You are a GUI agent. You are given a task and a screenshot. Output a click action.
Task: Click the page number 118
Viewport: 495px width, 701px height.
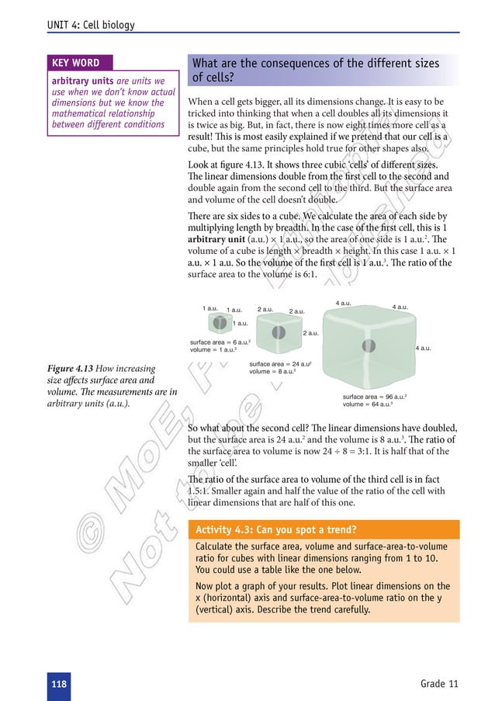point(58,683)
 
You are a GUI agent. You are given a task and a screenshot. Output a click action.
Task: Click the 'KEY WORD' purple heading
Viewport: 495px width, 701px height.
point(74,62)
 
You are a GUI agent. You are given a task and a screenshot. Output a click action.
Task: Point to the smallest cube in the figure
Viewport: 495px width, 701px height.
point(220,322)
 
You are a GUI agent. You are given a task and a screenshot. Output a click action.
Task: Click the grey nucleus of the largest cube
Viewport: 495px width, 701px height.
point(369,345)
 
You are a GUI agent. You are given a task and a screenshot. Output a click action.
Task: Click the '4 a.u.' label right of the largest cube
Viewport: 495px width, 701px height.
point(424,349)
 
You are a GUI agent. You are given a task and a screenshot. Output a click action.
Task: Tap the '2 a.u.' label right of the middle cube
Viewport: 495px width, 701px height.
point(310,333)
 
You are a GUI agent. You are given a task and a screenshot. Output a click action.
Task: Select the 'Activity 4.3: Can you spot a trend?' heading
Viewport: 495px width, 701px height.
point(277,530)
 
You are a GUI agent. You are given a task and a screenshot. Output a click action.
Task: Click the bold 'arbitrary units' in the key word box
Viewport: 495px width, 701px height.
point(83,81)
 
